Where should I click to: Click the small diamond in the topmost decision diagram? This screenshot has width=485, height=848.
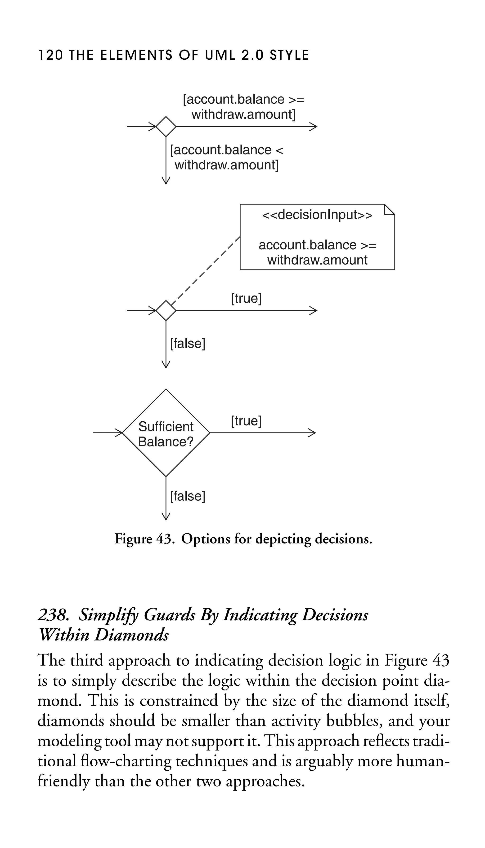[166, 127]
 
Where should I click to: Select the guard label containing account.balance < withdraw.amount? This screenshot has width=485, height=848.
[226, 157]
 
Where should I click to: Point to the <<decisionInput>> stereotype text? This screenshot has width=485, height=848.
[317, 215]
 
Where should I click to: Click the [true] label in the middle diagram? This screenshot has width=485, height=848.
[246, 298]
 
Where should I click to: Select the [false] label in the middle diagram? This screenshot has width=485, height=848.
[188, 344]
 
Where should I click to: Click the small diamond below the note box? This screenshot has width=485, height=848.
[166, 310]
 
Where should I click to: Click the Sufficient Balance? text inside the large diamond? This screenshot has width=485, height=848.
[166, 434]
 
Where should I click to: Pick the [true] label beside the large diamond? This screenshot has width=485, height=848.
[246, 421]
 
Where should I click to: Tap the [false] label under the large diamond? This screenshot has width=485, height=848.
[188, 496]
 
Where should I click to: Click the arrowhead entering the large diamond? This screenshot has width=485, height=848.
[119, 433]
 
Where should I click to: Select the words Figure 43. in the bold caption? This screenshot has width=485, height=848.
[144, 539]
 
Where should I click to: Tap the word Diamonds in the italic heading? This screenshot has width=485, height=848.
[132, 635]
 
